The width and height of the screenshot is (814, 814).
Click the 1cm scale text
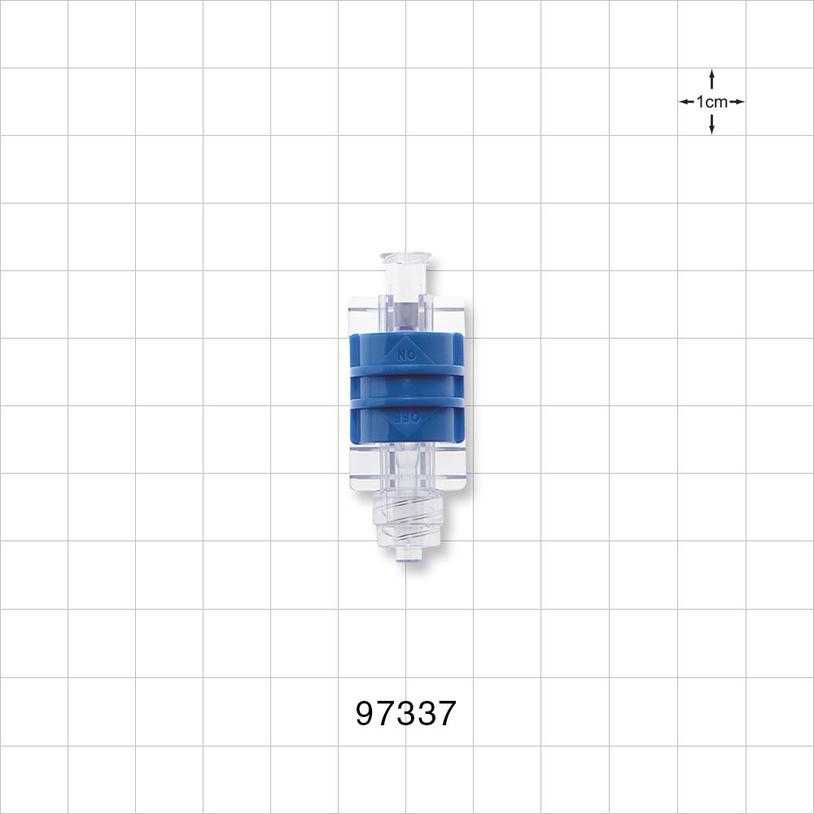[x=712, y=102]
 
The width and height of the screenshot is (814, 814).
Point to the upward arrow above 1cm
[x=712, y=79]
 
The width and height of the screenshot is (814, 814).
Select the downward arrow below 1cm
[x=712, y=125]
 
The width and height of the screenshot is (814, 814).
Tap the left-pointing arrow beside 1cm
[x=687, y=102]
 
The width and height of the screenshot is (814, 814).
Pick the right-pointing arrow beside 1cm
[x=737, y=102]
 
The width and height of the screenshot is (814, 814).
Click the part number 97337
[x=406, y=715]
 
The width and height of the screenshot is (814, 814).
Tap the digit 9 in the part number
[x=366, y=715]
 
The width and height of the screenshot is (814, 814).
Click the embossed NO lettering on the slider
[x=405, y=355]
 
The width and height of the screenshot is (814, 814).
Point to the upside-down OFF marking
[x=405, y=418]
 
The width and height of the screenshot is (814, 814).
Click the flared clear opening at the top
[x=405, y=260]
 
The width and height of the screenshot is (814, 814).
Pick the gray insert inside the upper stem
[x=405, y=312]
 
